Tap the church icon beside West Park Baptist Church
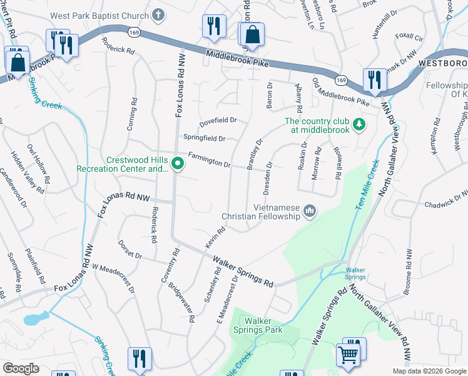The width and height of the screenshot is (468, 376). click(159, 13)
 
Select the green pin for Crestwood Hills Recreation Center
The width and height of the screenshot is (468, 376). click(178, 165)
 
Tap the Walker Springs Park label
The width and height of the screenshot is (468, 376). click(258, 325)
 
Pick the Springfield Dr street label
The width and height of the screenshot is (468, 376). click(203, 138)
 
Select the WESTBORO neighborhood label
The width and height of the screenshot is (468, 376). click(442, 64)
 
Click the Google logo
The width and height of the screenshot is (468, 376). click(21, 368)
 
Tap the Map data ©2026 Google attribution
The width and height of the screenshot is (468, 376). click(429, 371)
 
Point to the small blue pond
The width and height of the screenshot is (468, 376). click(33, 319)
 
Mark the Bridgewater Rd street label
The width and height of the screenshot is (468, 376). click(186, 300)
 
